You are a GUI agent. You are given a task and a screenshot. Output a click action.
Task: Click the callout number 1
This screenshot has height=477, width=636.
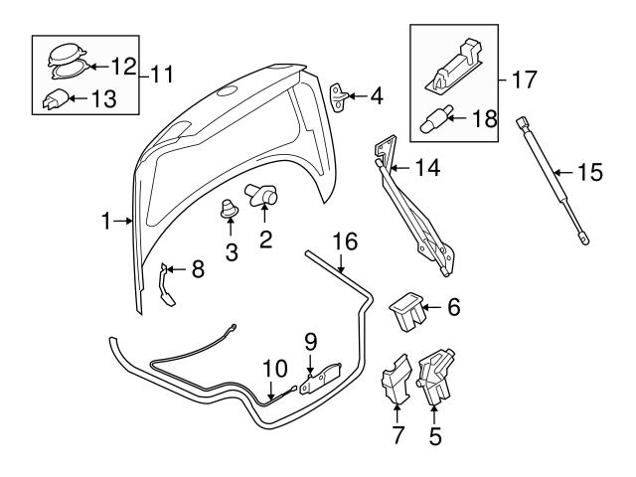(x=107, y=223)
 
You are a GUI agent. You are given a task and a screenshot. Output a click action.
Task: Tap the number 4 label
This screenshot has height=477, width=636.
(x=378, y=96)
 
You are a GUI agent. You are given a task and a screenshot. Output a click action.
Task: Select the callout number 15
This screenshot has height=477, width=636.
(x=589, y=172)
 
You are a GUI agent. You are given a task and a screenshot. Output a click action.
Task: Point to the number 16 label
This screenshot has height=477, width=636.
(x=343, y=241)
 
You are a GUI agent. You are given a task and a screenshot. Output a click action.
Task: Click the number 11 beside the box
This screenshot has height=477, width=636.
(x=160, y=74)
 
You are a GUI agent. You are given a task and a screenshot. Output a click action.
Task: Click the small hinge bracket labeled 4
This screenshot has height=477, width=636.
(x=343, y=95)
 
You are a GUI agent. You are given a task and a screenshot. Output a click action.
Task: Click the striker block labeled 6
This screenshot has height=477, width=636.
(x=407, y=310)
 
